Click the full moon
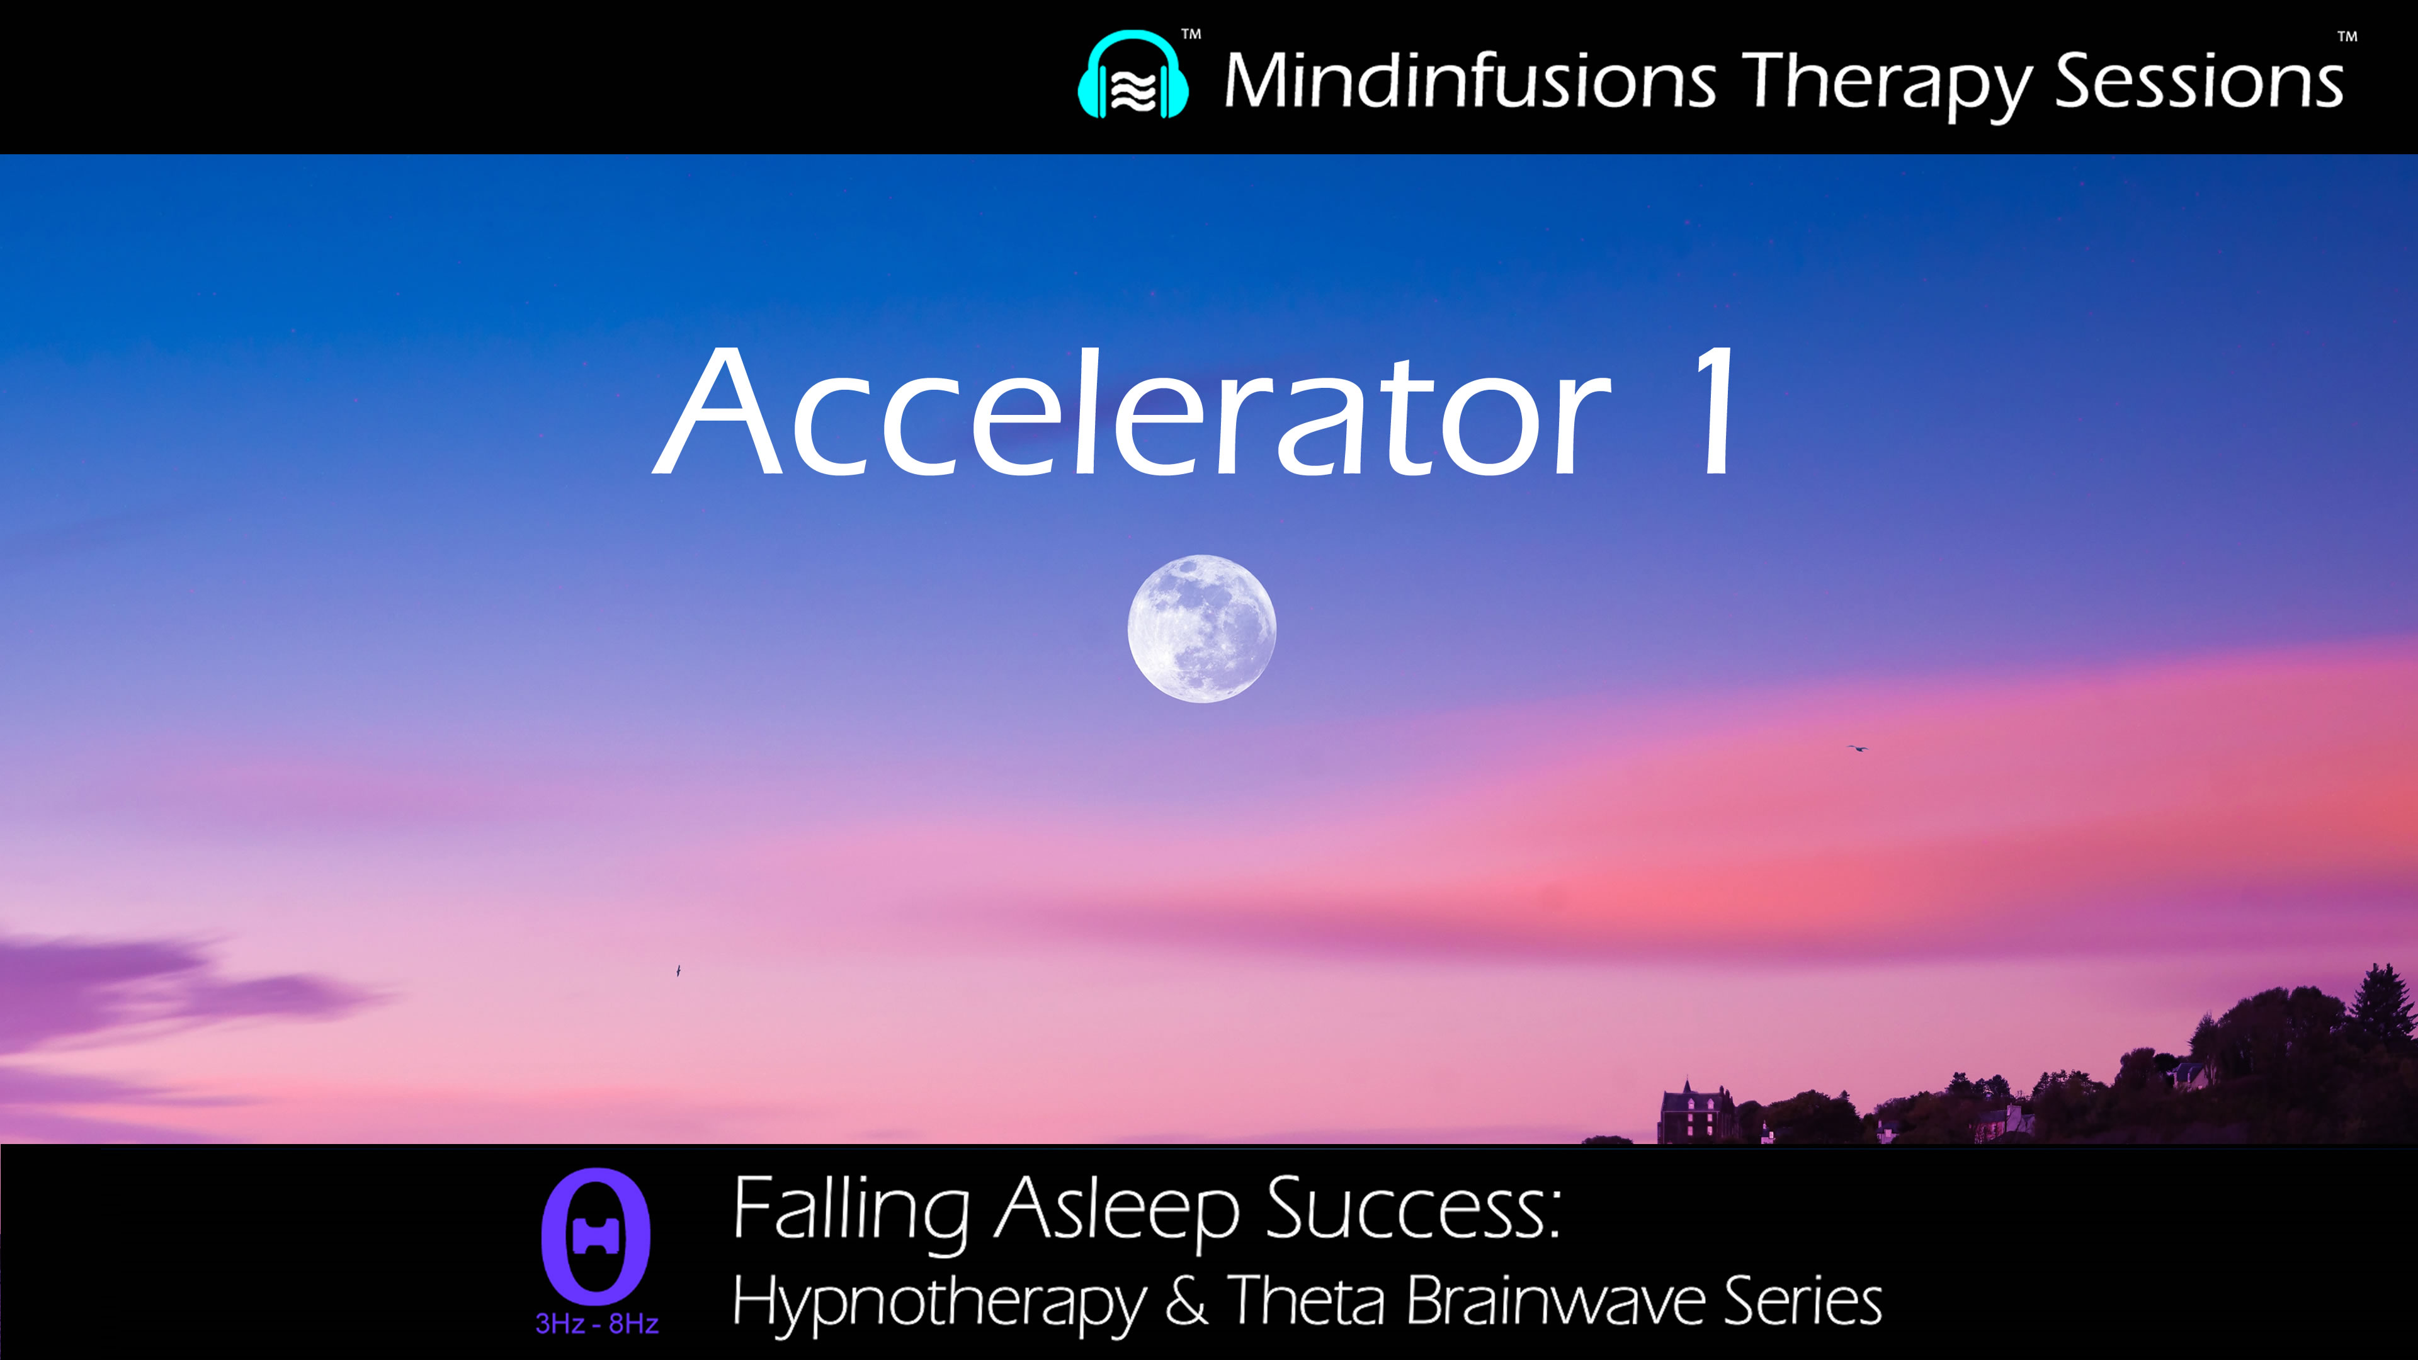(1201, 628)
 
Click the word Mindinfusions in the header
(1470, 81)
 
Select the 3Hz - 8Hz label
(597, 1324)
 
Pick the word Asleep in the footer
(1117, 1211)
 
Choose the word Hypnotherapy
(939, 1303)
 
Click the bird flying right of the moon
(1857, 748)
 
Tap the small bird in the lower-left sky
(678, 970)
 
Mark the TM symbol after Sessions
(2347, 38)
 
